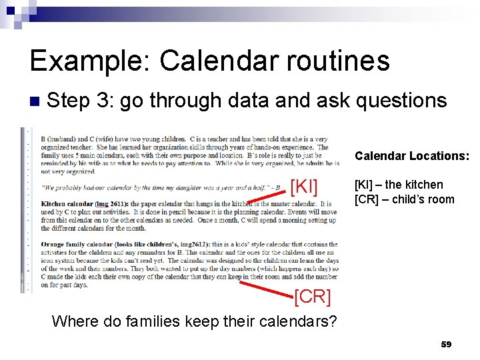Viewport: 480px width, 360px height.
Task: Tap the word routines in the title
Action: point(340,61)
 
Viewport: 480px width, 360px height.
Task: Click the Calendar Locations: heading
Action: point(411,156)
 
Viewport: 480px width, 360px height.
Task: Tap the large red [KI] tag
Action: point(305,187)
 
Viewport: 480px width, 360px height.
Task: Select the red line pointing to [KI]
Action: point(267,196)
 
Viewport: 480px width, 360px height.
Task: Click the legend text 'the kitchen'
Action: point(417,185)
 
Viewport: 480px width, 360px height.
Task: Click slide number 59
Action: point(446,345)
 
